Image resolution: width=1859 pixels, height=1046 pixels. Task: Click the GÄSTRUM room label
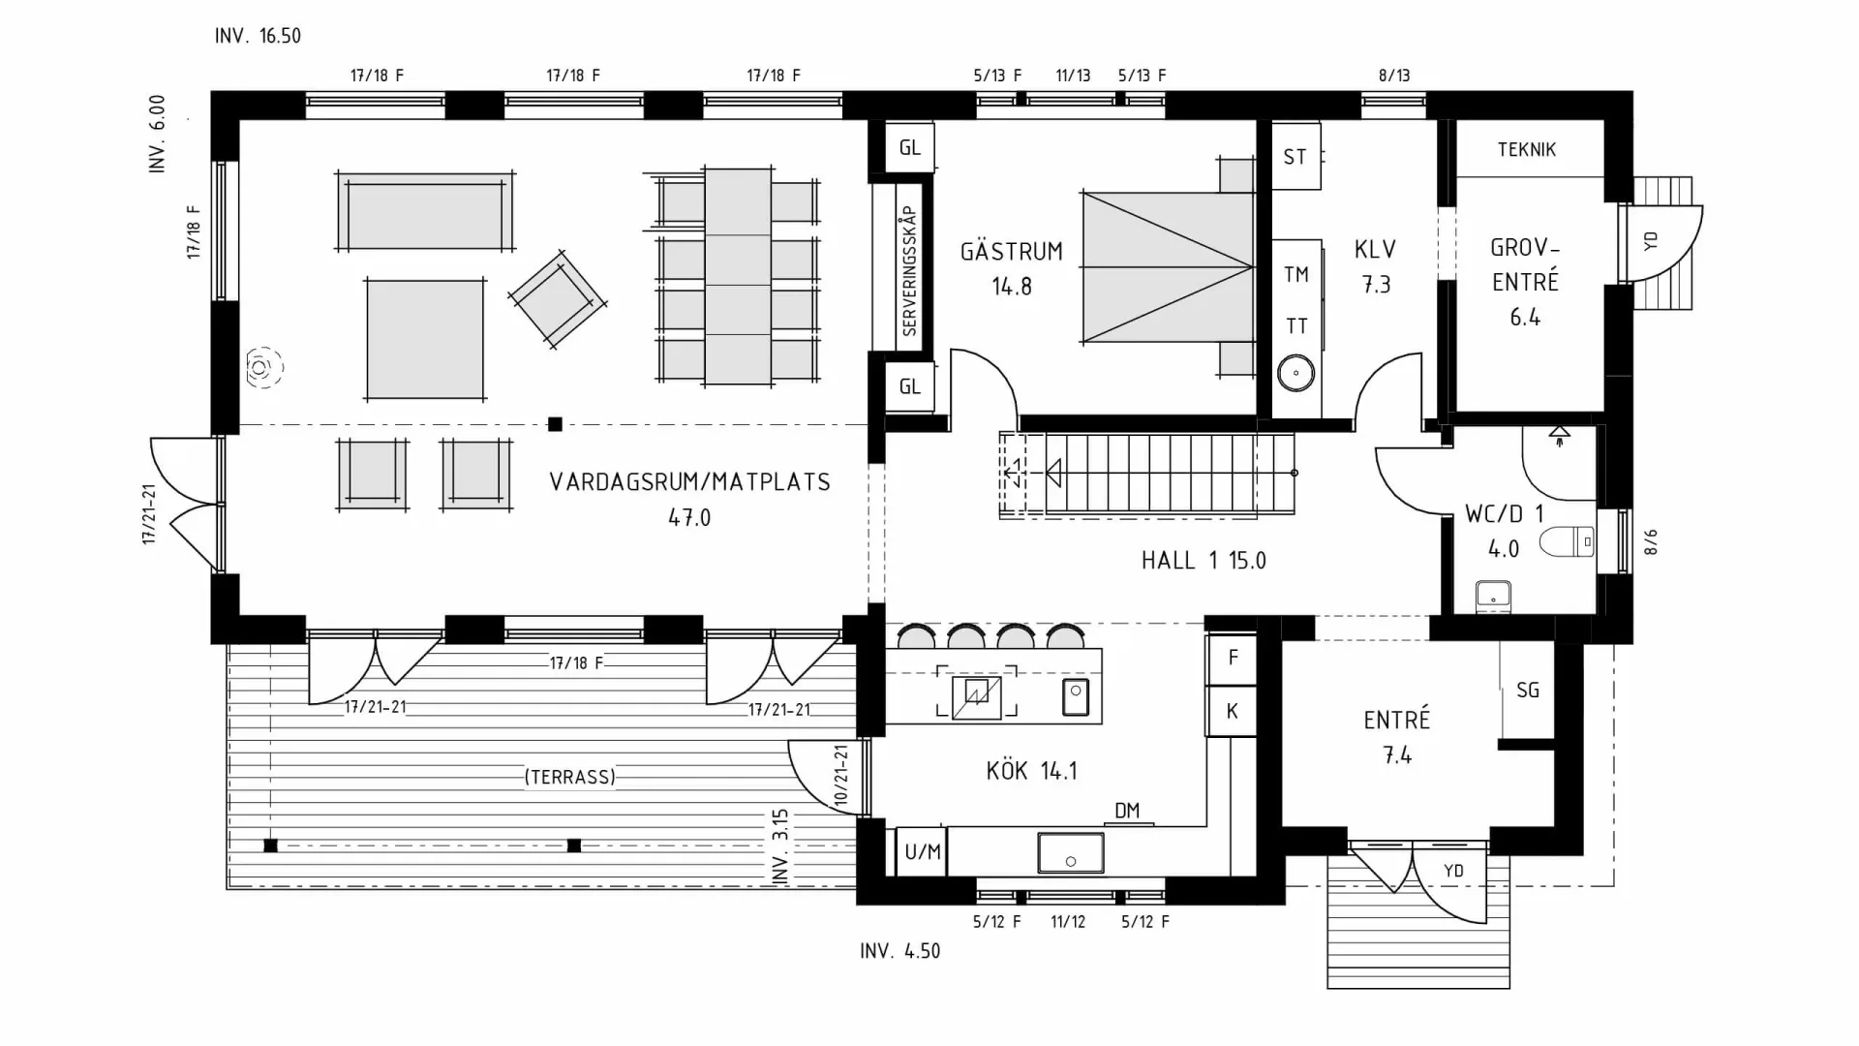click(x=1011, y=252)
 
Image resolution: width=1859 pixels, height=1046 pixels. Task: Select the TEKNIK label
click(x=1526, y=149)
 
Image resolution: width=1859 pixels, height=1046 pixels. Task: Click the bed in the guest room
click(x=1167, y=266)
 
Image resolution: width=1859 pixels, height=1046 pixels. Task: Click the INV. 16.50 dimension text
click(x=258, y=36)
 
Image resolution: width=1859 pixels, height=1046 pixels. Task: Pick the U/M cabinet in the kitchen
click(x=922, y=852)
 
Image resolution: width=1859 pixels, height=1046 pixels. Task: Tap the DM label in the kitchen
click(x=1127, y=811)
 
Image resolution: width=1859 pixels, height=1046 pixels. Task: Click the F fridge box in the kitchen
click(x=1232, y=659)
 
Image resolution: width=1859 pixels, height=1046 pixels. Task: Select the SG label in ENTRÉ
click(x=1527, y=691)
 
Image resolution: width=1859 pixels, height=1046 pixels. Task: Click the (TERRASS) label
click(x=569, y=777)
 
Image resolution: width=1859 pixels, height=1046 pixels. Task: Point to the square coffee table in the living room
click(x=425, y=339)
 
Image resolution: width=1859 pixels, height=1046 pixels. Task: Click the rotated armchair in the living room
click(x=557, y=299)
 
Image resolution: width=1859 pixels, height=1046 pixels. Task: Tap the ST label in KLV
click(x=1295, y=157)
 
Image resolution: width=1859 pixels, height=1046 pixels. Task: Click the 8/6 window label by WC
click(x=1651, y=542)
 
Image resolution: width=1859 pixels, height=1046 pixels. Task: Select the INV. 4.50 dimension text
click(x=899, y=951)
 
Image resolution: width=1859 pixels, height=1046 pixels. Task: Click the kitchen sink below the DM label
click(x=1070, y=852)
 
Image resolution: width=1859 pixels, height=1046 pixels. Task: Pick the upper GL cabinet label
click(x=909, y=147)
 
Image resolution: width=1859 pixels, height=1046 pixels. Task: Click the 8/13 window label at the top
click(x=1393, y=76)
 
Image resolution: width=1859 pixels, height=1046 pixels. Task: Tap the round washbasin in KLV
click(x=1295, y=373)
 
